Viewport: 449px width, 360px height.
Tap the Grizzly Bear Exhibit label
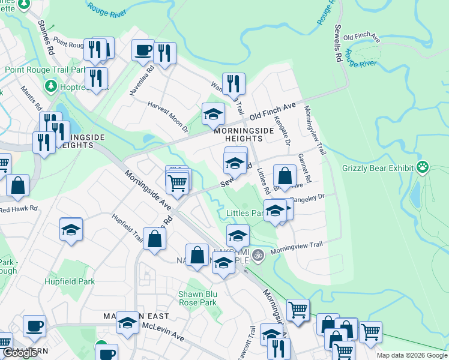click(x=379, y=168)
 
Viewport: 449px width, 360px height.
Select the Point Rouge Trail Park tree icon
click(x=51, y=86)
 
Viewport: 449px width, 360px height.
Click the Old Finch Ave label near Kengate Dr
click(x=273, y=110)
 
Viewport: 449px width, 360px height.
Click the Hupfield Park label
click(x=69, y=281)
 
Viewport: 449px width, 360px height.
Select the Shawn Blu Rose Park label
click(x=197, y=298)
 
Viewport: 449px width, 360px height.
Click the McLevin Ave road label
click(x=163, y=331)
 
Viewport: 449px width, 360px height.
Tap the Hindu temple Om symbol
click(x=258, y=254)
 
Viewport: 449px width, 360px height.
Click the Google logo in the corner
click(x=20, y=353)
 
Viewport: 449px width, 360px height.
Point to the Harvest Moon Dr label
click(x=168, y=116)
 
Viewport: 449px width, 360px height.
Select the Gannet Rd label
click(x=304, y=168)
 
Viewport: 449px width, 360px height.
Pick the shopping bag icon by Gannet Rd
click(x=285, y=176)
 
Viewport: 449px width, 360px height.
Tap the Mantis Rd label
click(x=31, y=99)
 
